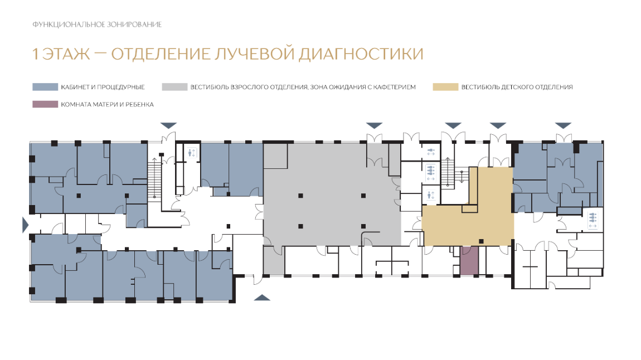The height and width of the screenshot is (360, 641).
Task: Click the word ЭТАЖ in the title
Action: click(x=66, y=54)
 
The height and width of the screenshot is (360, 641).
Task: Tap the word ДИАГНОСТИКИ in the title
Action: click(x=361, y=54)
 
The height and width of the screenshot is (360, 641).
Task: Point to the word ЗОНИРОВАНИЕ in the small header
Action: click(x=134, y=25)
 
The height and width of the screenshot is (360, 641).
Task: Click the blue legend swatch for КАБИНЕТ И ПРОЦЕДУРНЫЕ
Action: click(x=45, y=87)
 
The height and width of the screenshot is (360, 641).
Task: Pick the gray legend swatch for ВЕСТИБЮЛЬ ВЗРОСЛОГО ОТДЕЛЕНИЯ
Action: click(x=174, y=87)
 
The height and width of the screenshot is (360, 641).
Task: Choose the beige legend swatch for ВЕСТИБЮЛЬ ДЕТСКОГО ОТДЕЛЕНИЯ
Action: click(x=445, y=87)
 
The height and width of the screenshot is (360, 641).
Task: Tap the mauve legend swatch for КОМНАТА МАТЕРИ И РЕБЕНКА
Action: click(x=45, y=104)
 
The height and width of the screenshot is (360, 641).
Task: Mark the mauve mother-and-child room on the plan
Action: click(x=469, y=261)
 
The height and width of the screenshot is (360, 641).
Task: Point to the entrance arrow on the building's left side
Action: click(x=25, y=225)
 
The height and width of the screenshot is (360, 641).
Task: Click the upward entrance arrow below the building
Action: click(x=262, y=298)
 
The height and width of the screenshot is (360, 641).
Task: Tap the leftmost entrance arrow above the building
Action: click(x=168, y=125)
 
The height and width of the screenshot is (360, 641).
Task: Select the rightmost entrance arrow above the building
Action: click(x=563, y=125)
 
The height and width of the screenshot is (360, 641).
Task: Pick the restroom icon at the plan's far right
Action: click(x=593, y=220)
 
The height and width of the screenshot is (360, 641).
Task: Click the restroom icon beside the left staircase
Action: click(x=192, y=153)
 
